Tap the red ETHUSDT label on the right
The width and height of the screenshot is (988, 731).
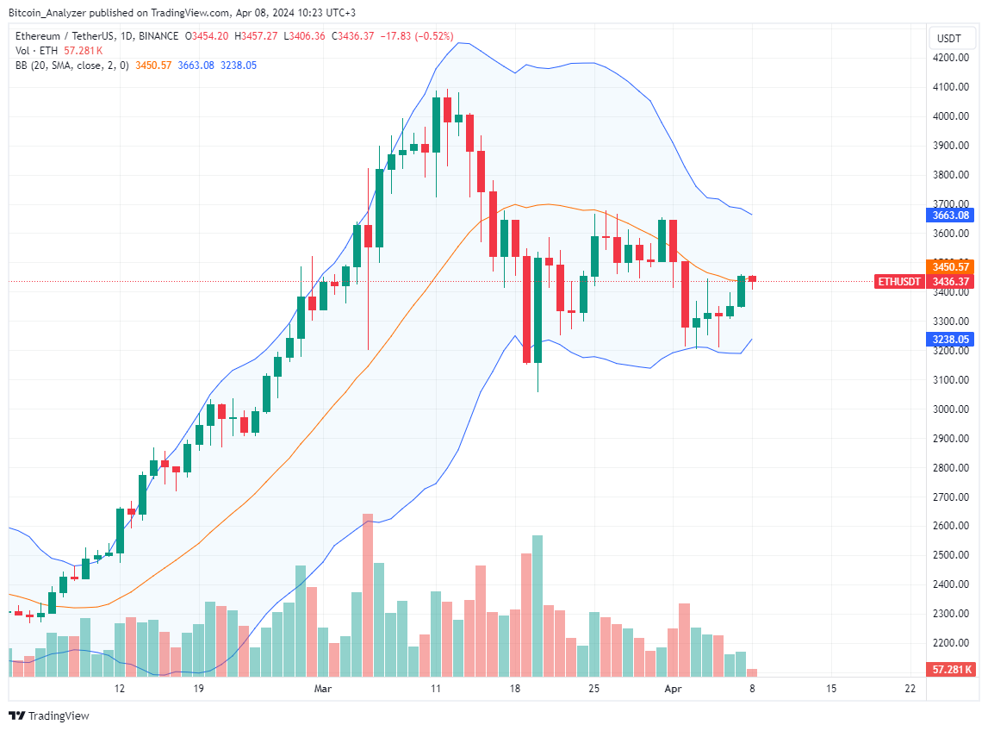(899, 282)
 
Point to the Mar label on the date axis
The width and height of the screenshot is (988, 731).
(323, 689)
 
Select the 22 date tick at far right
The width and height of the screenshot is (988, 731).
(910, 689)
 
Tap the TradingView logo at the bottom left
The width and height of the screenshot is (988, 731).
(49, 715)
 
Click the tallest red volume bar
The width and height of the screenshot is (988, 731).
(368, 595)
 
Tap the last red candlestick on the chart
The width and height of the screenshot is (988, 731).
(752, 278)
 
